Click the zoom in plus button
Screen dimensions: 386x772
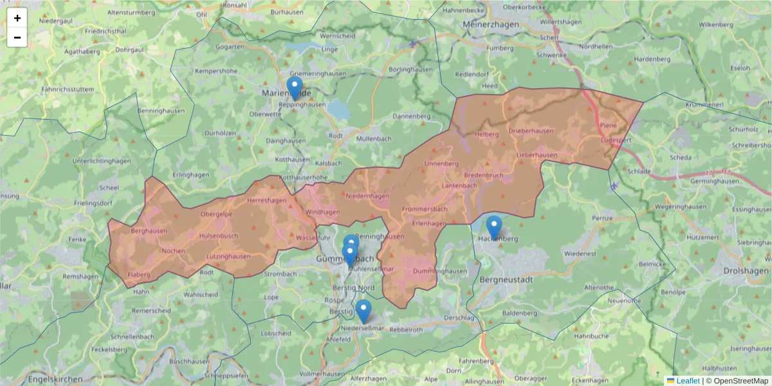click(x=17, y=18)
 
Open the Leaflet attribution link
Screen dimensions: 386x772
click(x=688, y=381)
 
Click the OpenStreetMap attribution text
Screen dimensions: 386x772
click(x=737, y=381)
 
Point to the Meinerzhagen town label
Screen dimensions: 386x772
click(x=494, y=24)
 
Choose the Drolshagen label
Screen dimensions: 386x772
click(x=746, y=271)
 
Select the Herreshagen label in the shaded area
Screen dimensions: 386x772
click(x=266, y=201)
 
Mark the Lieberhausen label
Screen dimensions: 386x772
click(x=537, y=155)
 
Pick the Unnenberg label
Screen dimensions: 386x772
click(x=441, y=163)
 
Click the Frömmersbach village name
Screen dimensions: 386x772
click(x=425, y=210)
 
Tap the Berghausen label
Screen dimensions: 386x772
click(x=149, y=230)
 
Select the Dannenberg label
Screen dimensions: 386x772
click(x=411, y=116)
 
